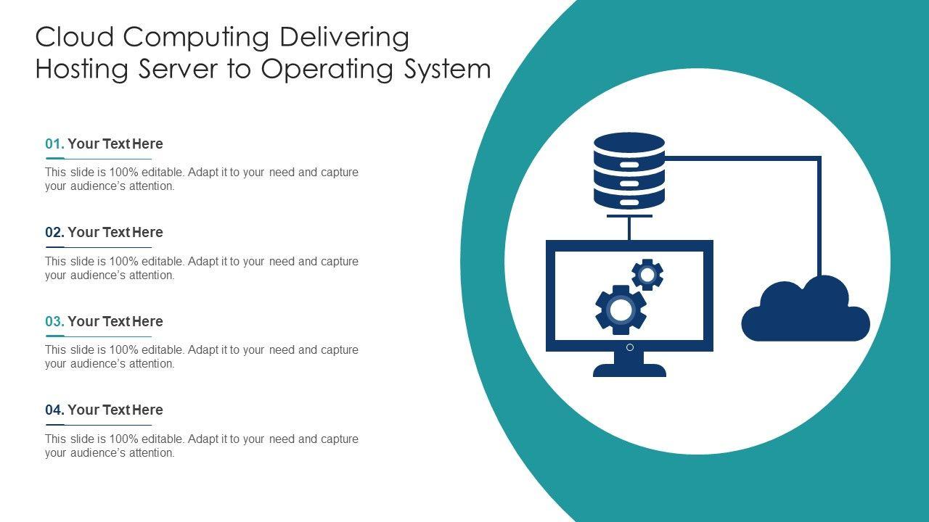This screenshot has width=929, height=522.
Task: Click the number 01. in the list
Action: pos(54,144)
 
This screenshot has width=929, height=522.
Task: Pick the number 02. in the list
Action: pos(54,232)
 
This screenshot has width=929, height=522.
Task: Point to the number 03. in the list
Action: pos(54,321)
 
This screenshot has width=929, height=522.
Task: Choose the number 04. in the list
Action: pos(54,410)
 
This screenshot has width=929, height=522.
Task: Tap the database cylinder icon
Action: pos(629,170)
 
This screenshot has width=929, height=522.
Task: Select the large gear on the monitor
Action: pos(621,310)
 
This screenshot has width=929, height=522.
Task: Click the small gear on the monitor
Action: pos(647,275)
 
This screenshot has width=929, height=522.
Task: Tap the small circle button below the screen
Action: pos(630,347)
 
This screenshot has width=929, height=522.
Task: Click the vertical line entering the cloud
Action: pos(819,217)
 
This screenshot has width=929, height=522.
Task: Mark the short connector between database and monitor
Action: pos(629,228)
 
